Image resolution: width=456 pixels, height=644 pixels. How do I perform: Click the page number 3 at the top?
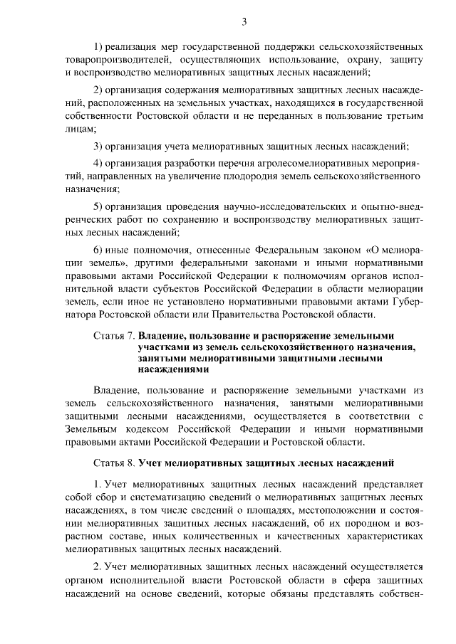(244, 22)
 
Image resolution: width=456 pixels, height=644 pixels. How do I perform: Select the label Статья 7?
(114, 335)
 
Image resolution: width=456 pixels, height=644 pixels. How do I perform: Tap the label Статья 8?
(114, 463)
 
